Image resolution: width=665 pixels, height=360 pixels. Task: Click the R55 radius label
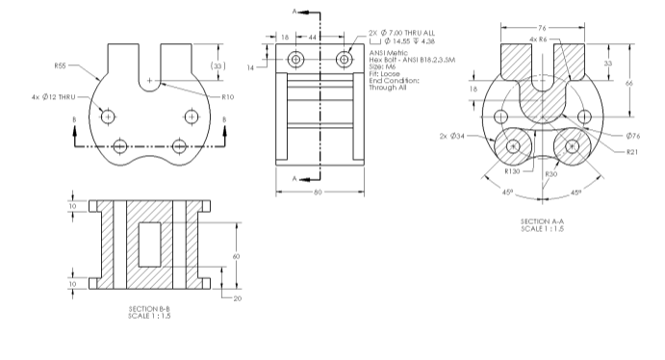click(61, 65)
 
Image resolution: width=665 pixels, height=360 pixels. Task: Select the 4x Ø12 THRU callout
click(54, 97)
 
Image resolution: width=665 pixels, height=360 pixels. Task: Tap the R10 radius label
click(228, 97)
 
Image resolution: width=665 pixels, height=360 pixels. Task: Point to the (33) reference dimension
click(218, 65)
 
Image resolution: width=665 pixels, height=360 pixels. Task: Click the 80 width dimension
click(319, 193)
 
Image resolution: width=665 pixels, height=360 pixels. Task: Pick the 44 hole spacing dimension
click(312, 38)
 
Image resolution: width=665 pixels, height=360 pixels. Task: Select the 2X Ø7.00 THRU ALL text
click(401, 33)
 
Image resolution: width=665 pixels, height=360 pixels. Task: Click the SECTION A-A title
click(543, 221)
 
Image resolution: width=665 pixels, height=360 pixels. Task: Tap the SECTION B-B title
click(149, 309)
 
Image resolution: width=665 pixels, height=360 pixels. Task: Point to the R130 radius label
click(512, 171)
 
